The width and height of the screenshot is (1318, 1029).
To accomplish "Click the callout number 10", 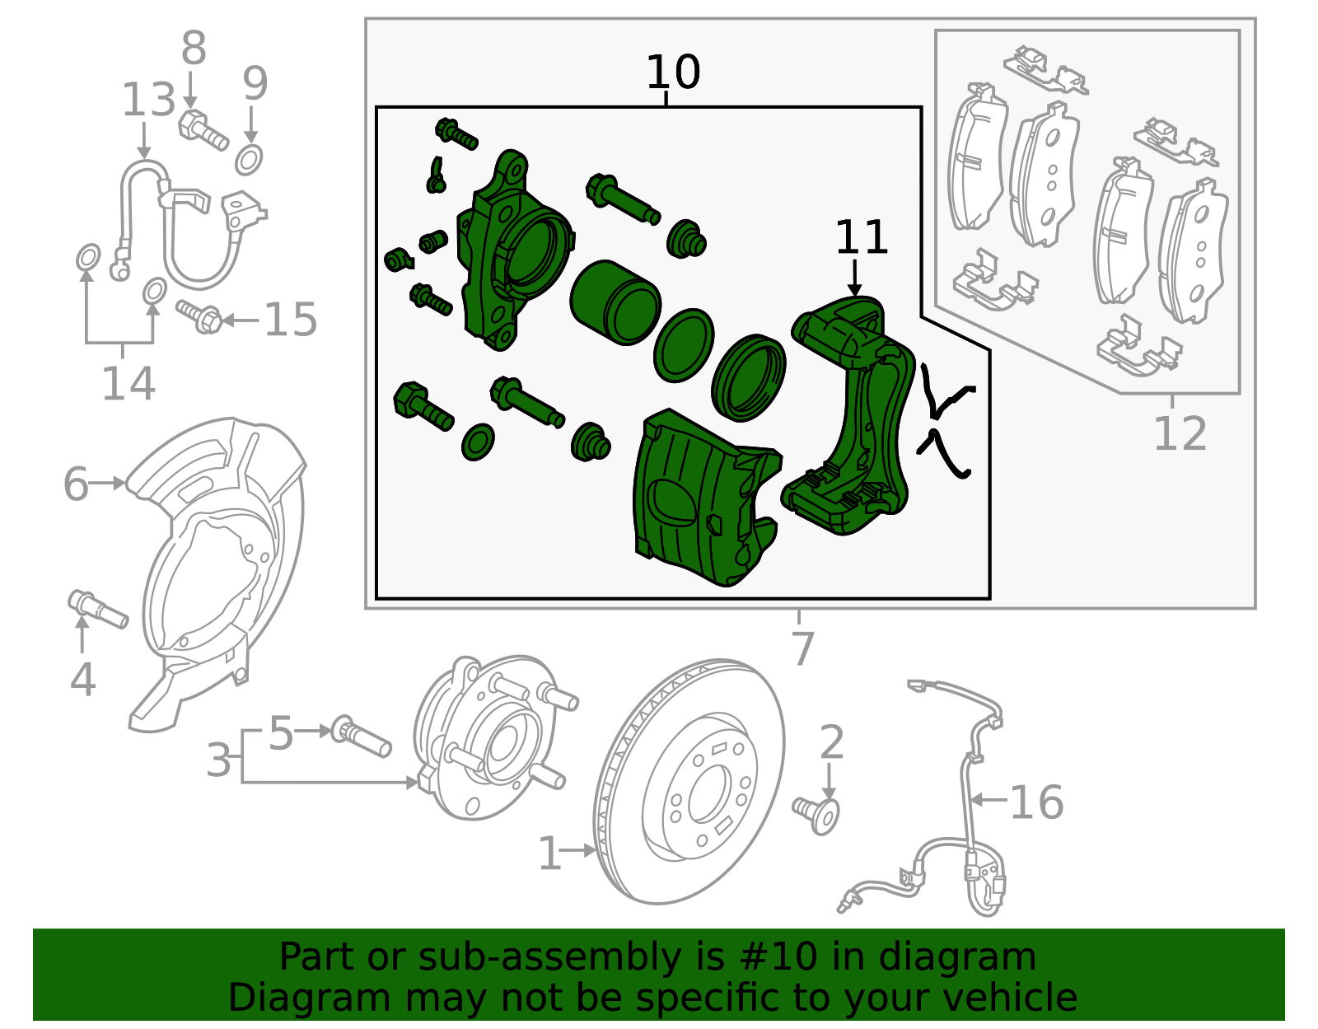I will [x=673, y=72].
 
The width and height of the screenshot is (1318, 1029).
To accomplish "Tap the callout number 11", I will [x=862, y=237].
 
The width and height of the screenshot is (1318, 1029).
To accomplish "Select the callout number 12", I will [x=1180, y=434].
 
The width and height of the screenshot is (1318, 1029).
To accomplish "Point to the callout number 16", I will [x=1036, y=802].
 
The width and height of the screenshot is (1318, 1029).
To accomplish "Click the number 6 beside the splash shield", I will [x=76, y=484].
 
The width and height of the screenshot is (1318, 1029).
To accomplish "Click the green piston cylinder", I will [x=616, y=303].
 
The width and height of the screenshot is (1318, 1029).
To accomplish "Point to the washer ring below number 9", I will [x=250, y=159].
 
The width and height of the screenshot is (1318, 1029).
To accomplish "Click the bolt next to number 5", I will [x=361, y=737].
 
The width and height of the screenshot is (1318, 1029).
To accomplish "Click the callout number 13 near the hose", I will [x=148, y=101].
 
